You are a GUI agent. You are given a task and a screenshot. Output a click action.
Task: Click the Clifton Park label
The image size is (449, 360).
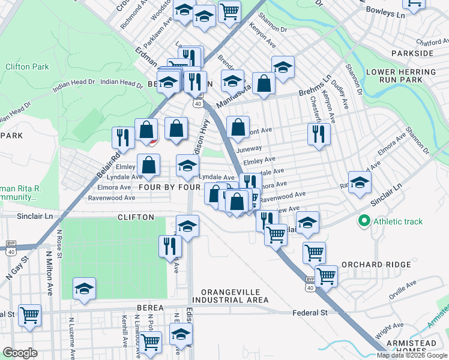[x=27, y=67]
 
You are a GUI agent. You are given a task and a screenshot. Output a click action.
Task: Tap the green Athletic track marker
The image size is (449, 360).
[x=363, y=221]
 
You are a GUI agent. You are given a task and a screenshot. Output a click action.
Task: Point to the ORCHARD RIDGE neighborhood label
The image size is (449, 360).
[x=376, y=265]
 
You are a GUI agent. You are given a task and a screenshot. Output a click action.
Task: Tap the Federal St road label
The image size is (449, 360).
[x=310, y=313]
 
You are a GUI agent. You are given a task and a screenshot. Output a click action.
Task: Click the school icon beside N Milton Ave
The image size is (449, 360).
[x=85, y=289]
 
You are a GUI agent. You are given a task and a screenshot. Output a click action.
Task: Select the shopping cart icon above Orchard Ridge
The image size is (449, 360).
[x=314, y=253]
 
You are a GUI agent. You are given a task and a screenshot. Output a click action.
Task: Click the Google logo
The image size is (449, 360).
[x=20, y=353]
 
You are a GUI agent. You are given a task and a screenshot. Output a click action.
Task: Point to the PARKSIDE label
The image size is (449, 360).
[x=412, y=53]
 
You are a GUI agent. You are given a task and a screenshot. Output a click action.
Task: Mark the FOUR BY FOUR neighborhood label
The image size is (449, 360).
[x=169, y=187]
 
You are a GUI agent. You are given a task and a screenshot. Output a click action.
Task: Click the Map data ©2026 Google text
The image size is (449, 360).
[x=412, y=355]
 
